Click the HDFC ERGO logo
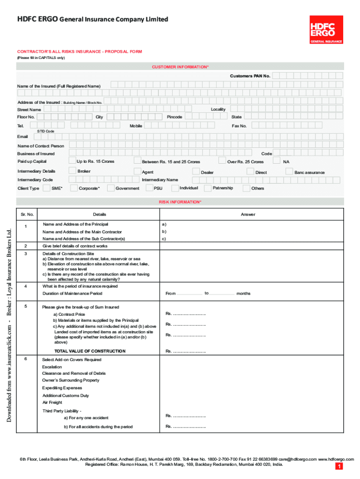click(x=326, y=29)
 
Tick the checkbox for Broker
click(x=72, y=171)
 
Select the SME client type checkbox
click(x=47, y=188)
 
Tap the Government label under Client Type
click(x=128, y=189)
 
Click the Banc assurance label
click(x=309, y=173)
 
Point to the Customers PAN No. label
click(x=250, y=76)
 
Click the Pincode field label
click(x=174, y=117)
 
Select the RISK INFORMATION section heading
click(x=180, y=202)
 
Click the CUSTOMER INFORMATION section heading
click(x=180, y=67)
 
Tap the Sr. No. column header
click(x=27, y=214)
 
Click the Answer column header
click(x=248, y=214)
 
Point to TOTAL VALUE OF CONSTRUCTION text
click(x=90, y=351)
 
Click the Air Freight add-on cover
click(x=52, y=402)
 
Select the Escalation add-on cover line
click(x=52, y=367)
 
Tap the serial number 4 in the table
click(x=26, y=286)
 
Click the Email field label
click(x=22, y=137)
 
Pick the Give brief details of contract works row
click(x=75, y=246)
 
